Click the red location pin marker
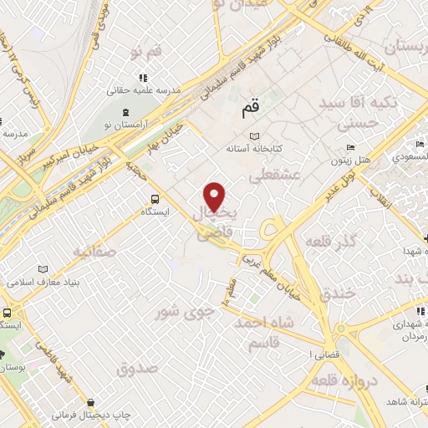click(215, 196)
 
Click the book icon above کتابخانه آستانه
click(254, 136)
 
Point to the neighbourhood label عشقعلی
click(270, 175)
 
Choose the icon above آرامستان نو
click(125, 111)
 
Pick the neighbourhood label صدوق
click(138, 367)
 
